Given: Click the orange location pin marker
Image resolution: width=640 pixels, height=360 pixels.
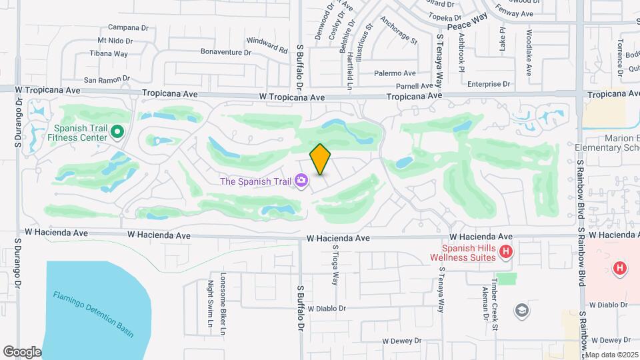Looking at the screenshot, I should pos(321,159).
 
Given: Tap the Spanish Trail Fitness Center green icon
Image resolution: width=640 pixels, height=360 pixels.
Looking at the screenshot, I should pos(117,131).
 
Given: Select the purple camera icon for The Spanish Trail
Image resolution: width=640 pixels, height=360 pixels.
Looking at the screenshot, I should pos(302,181).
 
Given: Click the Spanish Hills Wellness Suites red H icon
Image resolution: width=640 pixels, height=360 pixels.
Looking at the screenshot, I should pos(507,251).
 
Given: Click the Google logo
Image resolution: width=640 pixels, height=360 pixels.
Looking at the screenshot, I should pos(22,351).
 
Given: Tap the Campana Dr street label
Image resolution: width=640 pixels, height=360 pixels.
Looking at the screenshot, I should pos(128,27).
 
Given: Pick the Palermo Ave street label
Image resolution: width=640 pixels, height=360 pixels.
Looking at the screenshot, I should pos(395,73).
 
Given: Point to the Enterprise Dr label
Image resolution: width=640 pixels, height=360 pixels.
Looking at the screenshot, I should pos(488,84).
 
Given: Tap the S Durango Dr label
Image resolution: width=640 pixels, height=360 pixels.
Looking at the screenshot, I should pos(19,123).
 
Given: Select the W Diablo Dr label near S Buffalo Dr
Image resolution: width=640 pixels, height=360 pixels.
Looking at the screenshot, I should pos(327,309).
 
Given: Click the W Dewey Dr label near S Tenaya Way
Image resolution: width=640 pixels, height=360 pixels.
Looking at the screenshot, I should pos(402,340).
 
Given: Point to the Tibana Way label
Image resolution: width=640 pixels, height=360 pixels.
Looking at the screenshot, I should pos(109,53).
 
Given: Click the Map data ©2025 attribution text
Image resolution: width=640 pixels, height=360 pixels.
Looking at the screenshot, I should pos(611,355).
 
